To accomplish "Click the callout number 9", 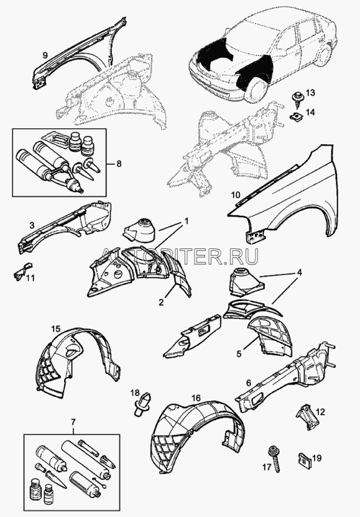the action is pyautogui.click(x=45, y=55).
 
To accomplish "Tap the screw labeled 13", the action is pyautogui.click(x=296, y=98).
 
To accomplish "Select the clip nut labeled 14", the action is pyautogui.click(x=297, y=116).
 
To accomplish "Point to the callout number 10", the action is pyautogui.click(x=236, y=195).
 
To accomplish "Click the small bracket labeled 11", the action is pyautogui.click(x=21, y=271).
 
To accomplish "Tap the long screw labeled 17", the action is pyautogui.click(x=274, y=459).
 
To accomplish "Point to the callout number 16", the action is pyautogui.click(x=196, y=398).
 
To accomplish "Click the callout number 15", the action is pyautogui.click(x=56, y=328).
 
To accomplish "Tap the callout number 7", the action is pyautogui.click(x=73, y=422).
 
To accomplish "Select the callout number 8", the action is pyautogui.click(x=119, y=164).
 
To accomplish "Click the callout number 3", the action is pyautogui.click(x=32, y=226).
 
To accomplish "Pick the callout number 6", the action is pyautogui.click(x=248, y=383).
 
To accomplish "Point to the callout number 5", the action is pyautogui.click(x=239, y=354).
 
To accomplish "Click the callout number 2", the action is pyautogui.click(x=161, y=302).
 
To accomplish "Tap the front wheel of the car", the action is pyautogui.click(x=256, y=90).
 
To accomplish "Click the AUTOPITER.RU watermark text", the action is pyautogui.click(x=180, y=256).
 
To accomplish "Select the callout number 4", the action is pyautogui.click(x=299, y=272).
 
